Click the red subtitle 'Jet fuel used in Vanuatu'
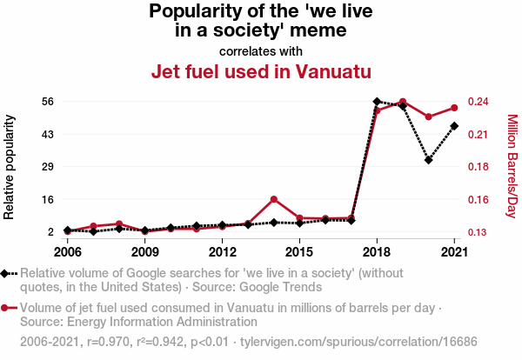(x=261, y=71)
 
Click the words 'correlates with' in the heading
(x=261, y=50)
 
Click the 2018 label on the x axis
(x=377, y=252)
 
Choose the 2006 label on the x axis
(x=67, y=252)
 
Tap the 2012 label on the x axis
(x=223, y=252)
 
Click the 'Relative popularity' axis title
(x=10, y=166)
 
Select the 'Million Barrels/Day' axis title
(x=512, y=166)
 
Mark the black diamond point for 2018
(x=377, y=102)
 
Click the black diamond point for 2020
(x=429, y=160)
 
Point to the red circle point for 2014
(x=274, y=199)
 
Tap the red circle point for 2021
(x=454, y=108)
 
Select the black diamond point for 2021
(x=454, y=126)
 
